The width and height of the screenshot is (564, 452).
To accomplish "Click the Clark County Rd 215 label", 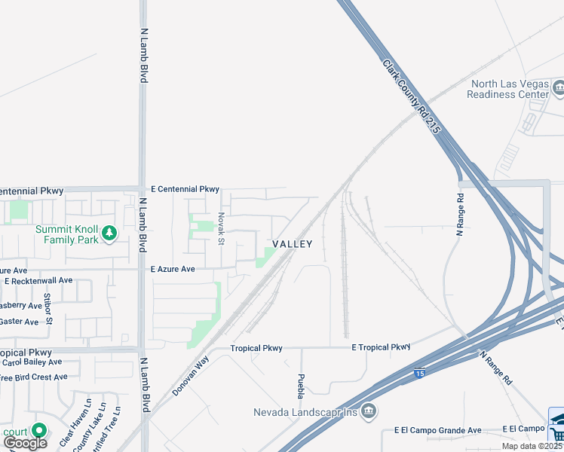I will (411, 97).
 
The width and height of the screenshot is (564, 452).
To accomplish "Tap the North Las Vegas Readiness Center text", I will (507, 89).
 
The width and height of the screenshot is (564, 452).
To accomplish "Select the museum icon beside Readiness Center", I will (559, 89).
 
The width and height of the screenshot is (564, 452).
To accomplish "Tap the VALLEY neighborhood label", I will (292, 244).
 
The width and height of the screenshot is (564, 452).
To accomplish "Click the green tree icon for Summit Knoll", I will (110, 234).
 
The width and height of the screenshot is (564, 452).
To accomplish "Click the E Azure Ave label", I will (173, 269).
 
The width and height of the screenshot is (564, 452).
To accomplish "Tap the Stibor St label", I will (48, 309).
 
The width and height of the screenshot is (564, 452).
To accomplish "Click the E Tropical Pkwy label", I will (381, 347).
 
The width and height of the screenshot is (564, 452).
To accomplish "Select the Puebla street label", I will (301, 386).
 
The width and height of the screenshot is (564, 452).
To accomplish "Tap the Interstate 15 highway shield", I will (419, 372).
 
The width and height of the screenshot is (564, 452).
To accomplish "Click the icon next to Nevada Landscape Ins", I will (368, 411).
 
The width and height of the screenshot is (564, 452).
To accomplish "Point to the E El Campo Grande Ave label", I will (437, 430).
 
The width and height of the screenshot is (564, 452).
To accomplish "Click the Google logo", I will (25, 443).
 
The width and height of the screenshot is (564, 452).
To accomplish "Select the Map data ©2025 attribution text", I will (532, 446).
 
